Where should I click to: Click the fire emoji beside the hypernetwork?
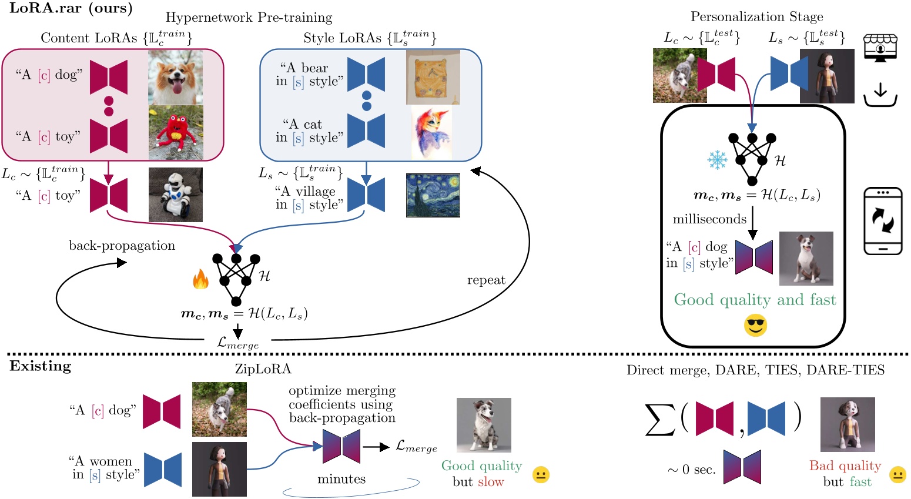pos(201,280)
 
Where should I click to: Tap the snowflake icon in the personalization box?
pos(717,159)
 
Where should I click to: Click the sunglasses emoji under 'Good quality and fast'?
pos(755,325)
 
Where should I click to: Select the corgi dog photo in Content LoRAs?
pos(175,77)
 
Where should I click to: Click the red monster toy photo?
pos(175,133)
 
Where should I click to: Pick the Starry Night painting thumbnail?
pos(433,195)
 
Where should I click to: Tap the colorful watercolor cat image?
pos(431,133)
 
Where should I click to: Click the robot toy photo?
pos(175,195)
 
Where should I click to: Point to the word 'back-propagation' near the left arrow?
pos(122,246)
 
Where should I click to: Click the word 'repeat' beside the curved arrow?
pos(486,280)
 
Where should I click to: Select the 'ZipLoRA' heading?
pos(263,369)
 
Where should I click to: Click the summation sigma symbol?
pos(659,420)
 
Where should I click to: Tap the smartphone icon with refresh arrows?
pos(882,221)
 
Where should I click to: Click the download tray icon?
pos(880,95)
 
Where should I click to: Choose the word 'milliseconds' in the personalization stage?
pos(709,219)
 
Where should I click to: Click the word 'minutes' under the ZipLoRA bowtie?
pos(341,479)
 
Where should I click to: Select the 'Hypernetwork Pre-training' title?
pos(249,18)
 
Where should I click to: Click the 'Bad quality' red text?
pos(845,466)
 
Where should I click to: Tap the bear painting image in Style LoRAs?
pos(433,77)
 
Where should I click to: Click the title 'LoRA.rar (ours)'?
pos(71,8)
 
